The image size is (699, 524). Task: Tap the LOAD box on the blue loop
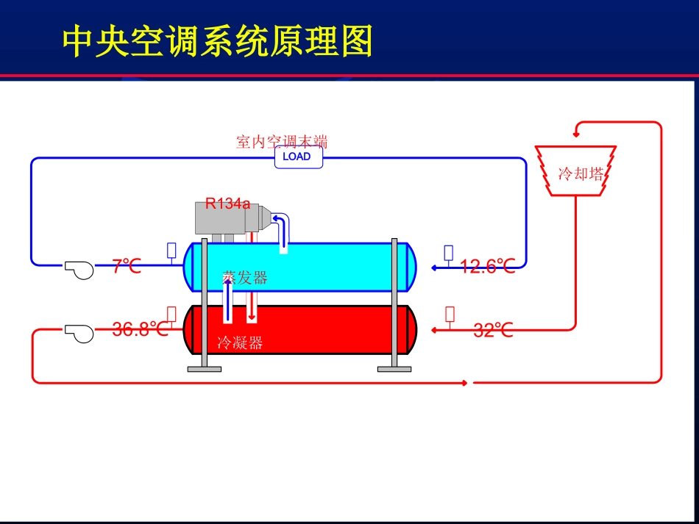click(x=298, y=157)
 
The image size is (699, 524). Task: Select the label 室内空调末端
click(x=282, y=141)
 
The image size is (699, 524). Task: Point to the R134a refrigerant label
click(x=227, y=204)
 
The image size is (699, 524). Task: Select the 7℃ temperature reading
click(x=127, y=266)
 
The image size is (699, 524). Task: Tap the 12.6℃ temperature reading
click(x=487, y=266)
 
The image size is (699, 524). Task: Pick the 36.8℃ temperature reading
click(x=140, y=329)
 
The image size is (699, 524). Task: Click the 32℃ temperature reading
click(x=492, y=330)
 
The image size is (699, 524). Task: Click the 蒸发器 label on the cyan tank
click(x=245, y=278)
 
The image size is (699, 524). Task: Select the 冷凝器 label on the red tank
click(x=240, y=342)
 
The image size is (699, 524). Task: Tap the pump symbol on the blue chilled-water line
click(x=78, y=269)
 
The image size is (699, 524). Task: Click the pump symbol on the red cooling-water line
click(x=78, y=332)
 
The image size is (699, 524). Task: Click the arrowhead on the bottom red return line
click(x=464, y=383)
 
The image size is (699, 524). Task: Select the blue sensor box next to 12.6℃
click(x=449, y=252)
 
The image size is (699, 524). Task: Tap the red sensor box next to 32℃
click(x=450, y=315)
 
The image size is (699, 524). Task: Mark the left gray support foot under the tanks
click(x=204, y=368)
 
